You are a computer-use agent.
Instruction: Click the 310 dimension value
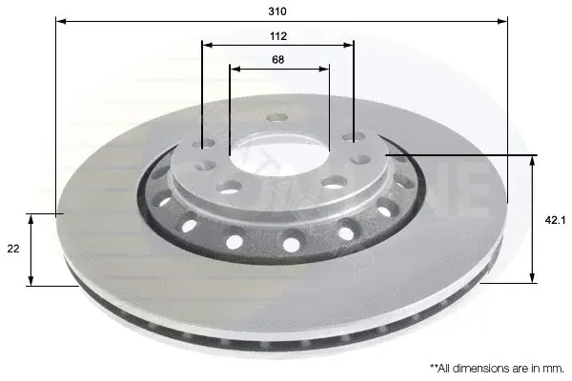coord(277,11)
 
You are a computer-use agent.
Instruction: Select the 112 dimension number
coord(278,36)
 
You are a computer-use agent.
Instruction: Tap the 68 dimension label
coord(278,59)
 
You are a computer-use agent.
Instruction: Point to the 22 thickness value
coord(13,249)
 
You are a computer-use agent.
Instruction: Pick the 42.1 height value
coord(555,220)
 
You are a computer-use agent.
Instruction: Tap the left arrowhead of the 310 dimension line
coord(61,21)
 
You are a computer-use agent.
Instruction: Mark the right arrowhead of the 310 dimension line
coord(502,21)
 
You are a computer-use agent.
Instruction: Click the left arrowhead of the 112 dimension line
coord(208,45)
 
